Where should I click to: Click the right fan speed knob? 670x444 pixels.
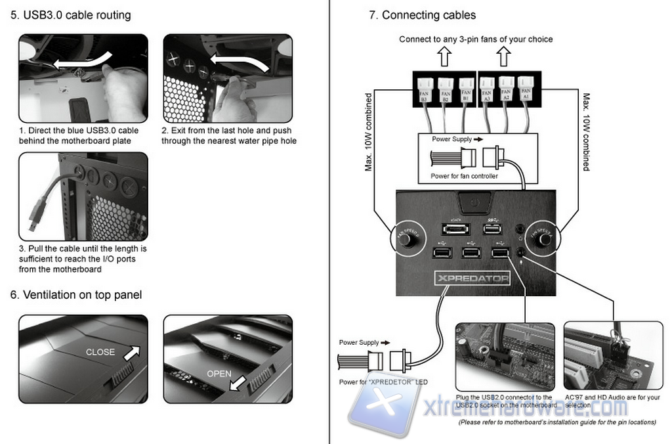[x=544, y=240]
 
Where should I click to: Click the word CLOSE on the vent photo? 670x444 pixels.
[x=100, y=352]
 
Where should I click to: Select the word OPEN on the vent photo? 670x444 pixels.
[x=219, y=374]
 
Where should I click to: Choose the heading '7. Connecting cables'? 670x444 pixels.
[x=423, y=15]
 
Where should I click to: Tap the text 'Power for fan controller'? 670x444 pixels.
[x=465, y=175]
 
